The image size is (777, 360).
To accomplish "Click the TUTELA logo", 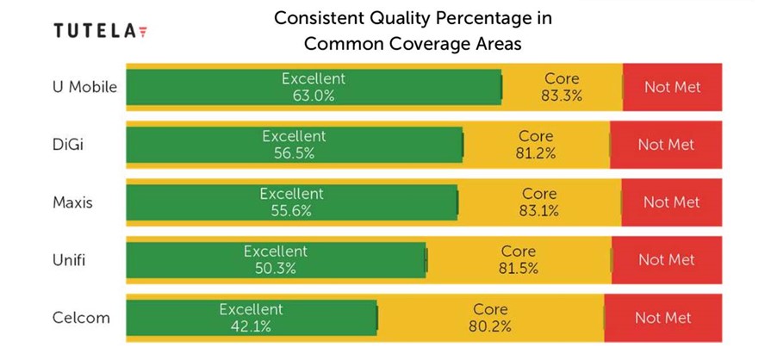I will tap(99, 31).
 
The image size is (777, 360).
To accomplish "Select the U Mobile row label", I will tap(84, 87).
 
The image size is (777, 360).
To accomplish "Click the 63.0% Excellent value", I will tap(313, 96).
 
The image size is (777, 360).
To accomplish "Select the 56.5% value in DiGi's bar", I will tap(294, 153).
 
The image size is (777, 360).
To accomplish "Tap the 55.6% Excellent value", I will tap(291, 211).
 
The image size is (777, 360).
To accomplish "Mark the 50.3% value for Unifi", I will tap(275, 269).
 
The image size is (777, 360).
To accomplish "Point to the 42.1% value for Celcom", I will tap(250, 326).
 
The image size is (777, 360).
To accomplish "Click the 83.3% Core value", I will tap(562, 96).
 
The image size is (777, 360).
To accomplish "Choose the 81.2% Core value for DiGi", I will tap(536, 153).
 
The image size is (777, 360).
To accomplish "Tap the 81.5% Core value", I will tap(518, 269).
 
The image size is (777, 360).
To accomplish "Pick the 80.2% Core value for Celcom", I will tap(490, 326).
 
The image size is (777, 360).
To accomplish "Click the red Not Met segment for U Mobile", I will tap(673, 87).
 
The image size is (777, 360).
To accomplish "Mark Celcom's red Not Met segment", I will tap(663, 318).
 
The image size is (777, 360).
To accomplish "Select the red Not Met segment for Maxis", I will tap(671, 202).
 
